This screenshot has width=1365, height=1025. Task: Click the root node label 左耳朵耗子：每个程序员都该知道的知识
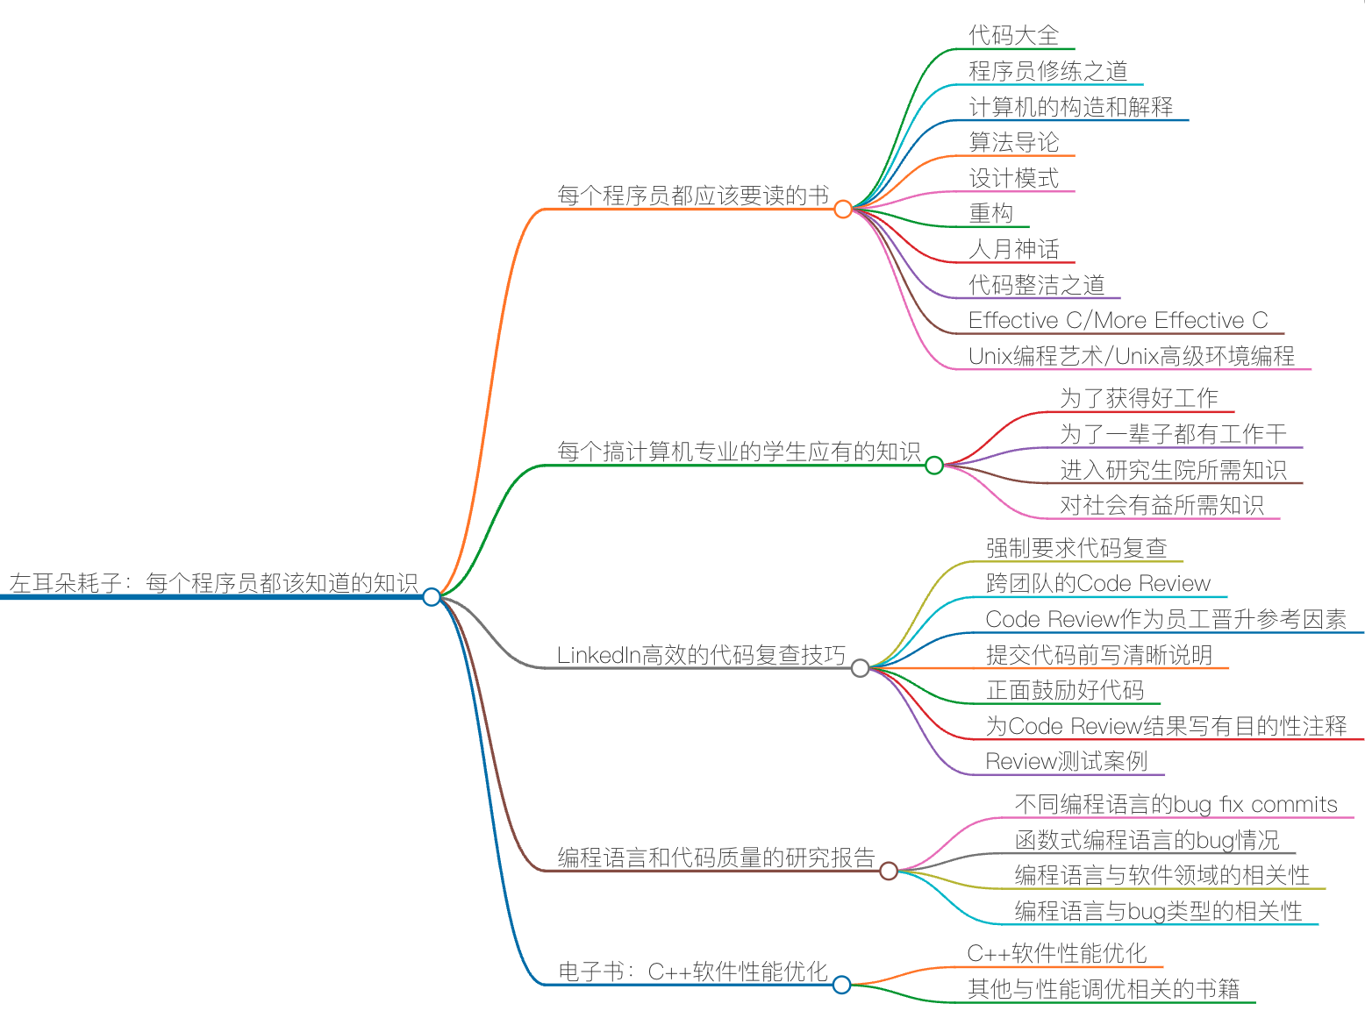213,583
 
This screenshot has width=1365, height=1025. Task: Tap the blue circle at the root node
432,597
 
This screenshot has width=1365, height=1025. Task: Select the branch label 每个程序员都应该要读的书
693,196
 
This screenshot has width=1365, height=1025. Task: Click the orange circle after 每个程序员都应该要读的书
843,210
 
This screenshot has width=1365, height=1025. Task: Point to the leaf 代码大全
1013,36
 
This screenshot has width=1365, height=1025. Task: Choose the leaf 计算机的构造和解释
1070,107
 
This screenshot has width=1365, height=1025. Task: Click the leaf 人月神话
1013,249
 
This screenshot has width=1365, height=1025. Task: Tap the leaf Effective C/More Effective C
1118,320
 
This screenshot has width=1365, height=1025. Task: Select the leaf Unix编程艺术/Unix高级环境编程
1131,356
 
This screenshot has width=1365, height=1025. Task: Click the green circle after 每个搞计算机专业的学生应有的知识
934,466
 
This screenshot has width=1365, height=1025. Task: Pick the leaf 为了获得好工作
1139,398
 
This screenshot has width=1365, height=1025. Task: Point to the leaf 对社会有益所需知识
1161,505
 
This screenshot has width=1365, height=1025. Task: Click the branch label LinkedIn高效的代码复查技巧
701,655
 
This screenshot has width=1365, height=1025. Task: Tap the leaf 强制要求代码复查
1076,548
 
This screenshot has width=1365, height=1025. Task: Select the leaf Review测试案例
1066,761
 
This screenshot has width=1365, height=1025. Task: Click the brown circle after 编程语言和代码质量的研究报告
889,871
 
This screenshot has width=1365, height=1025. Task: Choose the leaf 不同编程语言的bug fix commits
1176,804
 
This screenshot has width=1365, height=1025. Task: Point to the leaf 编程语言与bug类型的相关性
1158,911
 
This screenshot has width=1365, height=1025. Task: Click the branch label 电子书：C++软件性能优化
693,972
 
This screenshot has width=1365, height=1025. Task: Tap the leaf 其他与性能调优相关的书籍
1103,989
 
